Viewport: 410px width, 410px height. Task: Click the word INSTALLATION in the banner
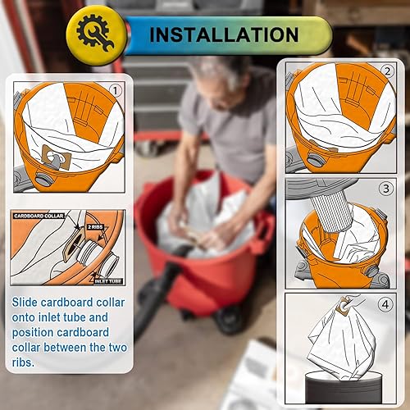223,34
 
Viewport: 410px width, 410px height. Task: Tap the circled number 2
386,72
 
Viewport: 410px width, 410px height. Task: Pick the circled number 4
385,303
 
